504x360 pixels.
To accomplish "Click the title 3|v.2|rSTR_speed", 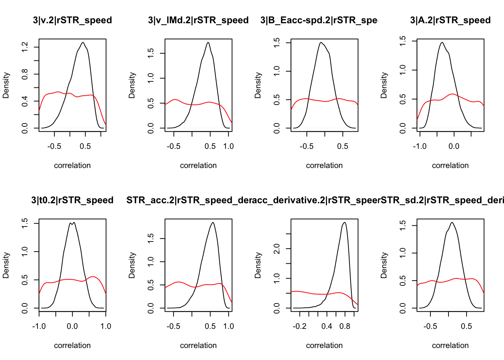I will [72, 20].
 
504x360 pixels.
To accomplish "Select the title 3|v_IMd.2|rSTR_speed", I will [198, 20].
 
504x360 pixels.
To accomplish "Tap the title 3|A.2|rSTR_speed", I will [450, 20].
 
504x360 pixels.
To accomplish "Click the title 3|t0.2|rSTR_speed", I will [72, 200].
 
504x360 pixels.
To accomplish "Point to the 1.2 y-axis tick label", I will [25, 47].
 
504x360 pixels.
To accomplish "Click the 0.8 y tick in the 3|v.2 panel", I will [25, 74].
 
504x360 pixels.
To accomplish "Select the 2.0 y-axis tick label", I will [277, 249].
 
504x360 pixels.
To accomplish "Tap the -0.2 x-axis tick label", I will [300, 326].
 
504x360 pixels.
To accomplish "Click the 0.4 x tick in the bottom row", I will [327, 326].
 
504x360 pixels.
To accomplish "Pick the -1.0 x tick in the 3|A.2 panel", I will [420, 146].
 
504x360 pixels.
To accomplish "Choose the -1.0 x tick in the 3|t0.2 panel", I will [39, 326].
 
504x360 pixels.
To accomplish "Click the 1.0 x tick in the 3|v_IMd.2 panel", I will [228, 146].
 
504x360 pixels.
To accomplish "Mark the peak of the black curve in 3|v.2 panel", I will [83, 42].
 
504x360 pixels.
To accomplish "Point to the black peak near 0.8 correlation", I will [344, 222].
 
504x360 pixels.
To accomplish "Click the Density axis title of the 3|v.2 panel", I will [6, 85].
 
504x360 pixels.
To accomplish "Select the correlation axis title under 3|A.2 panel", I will [450, 165].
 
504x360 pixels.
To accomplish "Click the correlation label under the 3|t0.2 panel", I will [72, 345].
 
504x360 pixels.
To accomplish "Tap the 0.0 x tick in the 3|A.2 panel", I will [454, 146].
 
